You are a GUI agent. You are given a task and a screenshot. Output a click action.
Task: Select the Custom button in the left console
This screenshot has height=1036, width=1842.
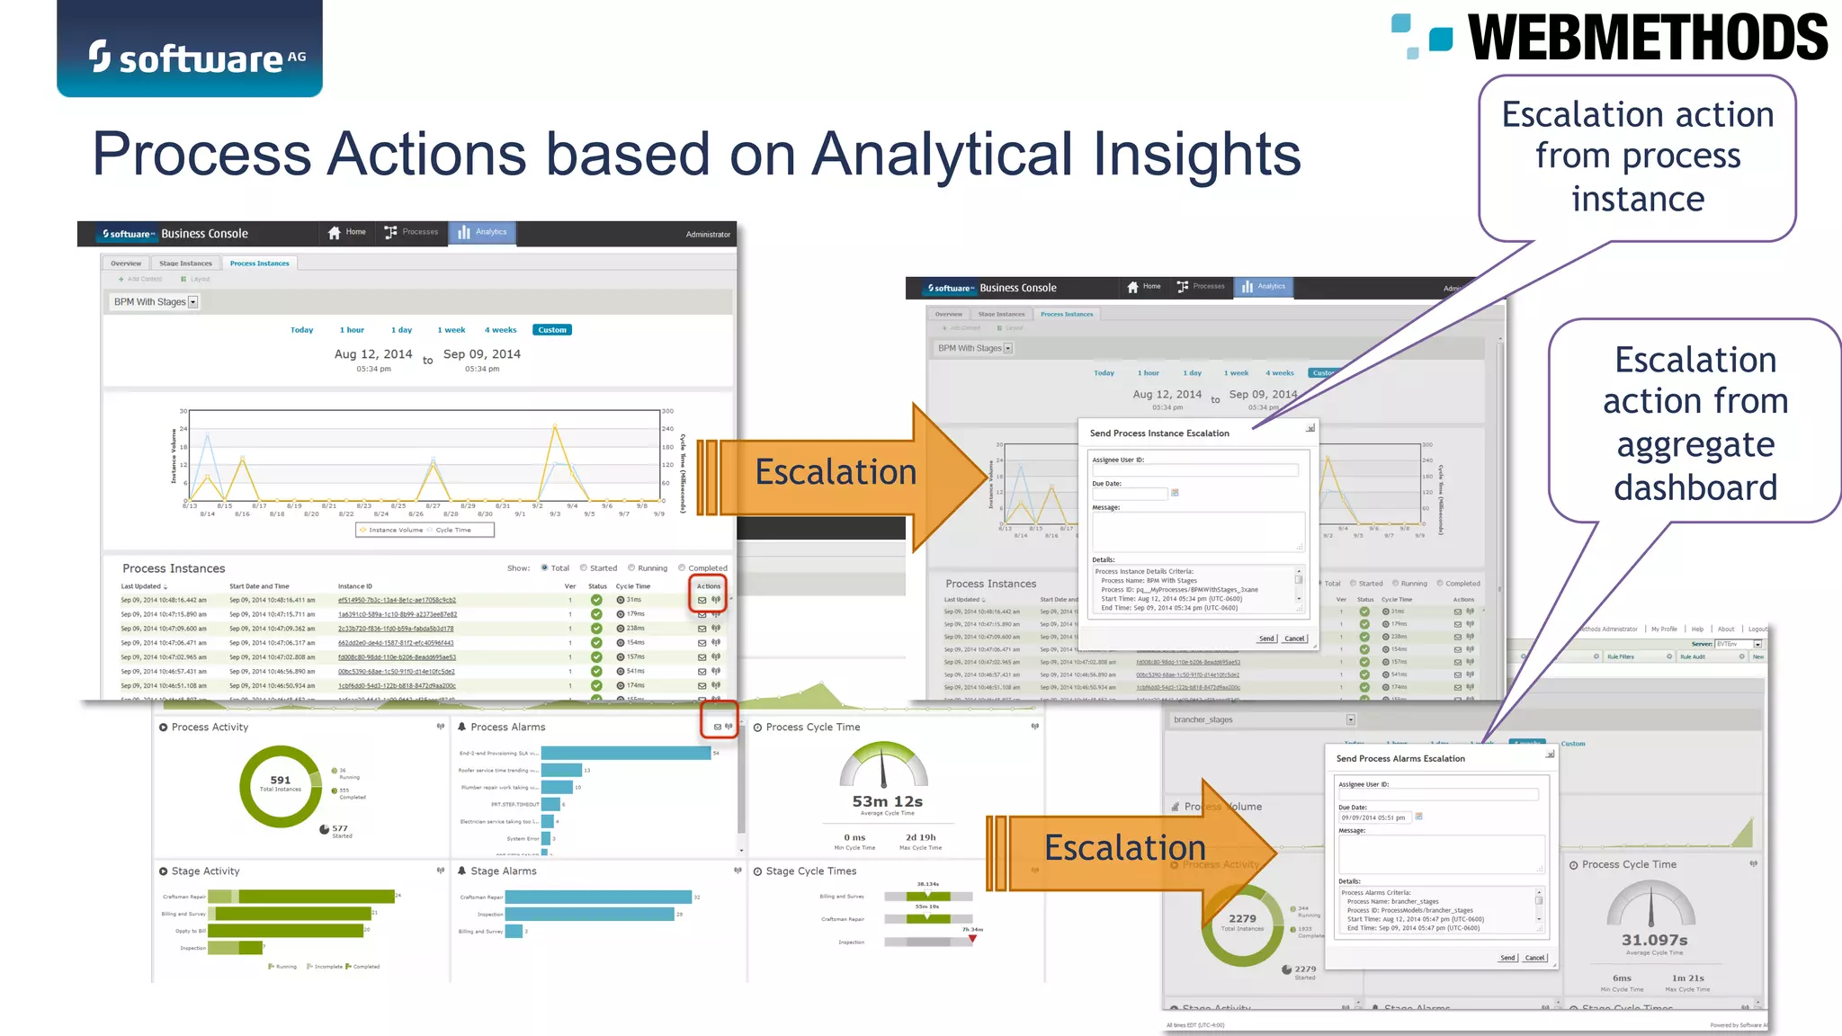click(551, 330)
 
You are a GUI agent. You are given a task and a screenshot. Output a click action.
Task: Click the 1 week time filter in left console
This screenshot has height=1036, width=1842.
click(451, 330)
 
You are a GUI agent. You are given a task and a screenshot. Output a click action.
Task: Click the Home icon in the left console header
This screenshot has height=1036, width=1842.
click(335, 233)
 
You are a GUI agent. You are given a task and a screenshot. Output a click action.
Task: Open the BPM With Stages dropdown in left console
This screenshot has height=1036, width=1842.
click(192, 302)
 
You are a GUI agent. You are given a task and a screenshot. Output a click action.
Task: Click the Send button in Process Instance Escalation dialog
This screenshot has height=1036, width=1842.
click(1266, 639)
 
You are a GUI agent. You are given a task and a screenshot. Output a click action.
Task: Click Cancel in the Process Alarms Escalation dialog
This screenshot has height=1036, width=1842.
click(1535, 958)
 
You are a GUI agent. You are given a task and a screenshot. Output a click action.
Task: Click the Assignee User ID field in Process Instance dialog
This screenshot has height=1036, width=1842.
click(1194, 470)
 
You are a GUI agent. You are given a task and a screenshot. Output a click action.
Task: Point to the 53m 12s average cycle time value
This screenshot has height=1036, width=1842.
click(887, 801)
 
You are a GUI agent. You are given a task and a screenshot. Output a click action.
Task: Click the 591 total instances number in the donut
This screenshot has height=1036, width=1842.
click(281, 780)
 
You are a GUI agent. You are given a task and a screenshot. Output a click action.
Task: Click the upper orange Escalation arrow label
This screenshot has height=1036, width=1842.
click(836, 472)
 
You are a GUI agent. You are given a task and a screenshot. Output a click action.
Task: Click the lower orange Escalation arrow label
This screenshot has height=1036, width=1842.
click(1124, 848)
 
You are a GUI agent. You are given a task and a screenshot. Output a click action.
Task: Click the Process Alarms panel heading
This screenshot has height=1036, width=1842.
click(507, 727)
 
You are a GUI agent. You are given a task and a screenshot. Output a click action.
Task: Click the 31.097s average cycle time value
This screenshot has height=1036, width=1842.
click(1654, 940)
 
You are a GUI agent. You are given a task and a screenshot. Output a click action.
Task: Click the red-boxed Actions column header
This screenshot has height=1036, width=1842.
click(709, 586)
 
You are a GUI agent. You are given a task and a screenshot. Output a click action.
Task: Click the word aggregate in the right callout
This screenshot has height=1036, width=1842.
click(1694, 444)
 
